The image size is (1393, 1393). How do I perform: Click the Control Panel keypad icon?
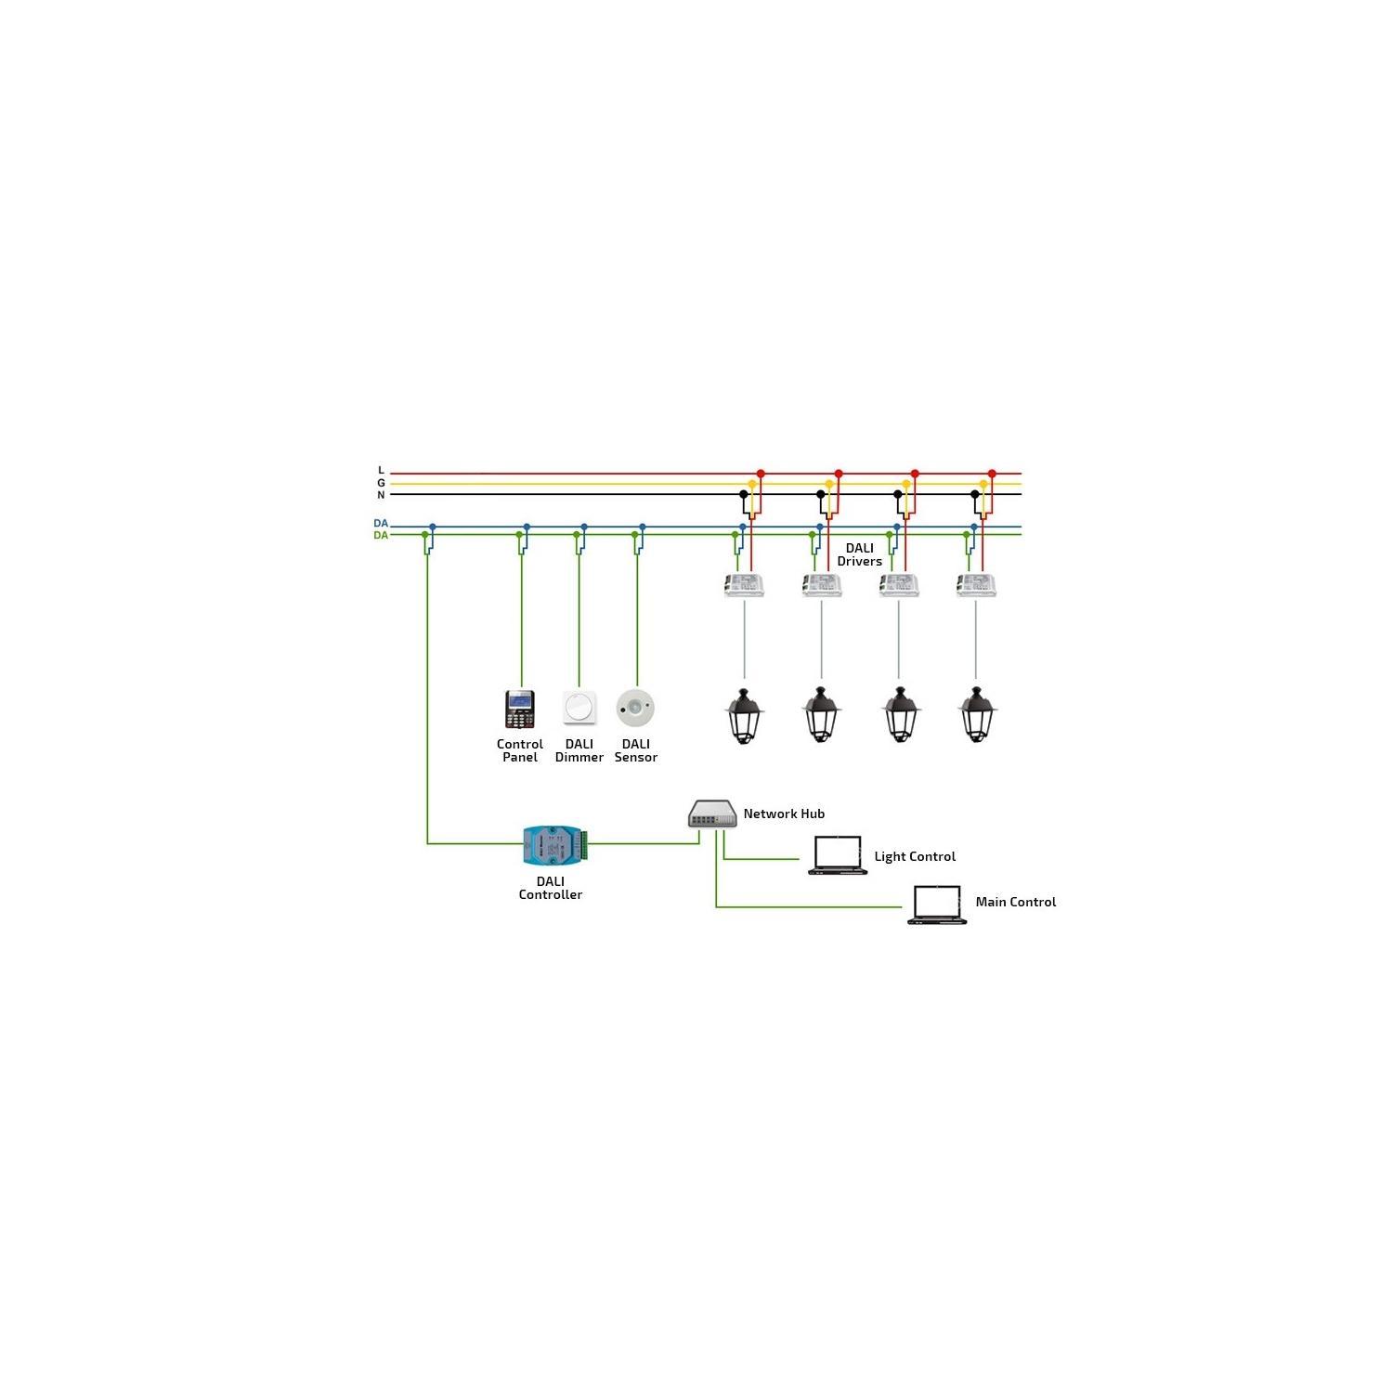tap(520, 710)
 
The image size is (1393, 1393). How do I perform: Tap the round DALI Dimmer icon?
tap(579, 708)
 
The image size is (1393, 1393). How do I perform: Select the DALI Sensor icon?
tap(635, 708)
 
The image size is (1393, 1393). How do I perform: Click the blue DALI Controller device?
tap(554, 844)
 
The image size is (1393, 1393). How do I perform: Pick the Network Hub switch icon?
tap(712, 814)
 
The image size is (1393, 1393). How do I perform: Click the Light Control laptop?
tap(838, 855)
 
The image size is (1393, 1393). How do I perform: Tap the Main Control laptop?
tap(936, 905)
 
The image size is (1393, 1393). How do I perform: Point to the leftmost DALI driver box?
tap(744, 585)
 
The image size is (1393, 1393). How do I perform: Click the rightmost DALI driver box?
tap(976, 585)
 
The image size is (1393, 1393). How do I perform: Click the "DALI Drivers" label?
tap(859, 554)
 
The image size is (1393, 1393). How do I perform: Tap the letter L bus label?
tap(381, 471)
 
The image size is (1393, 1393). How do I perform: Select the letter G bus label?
tap(381, 483)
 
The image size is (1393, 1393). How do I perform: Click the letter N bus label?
tap(381, 495)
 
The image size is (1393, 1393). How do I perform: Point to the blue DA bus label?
tap(381, 524)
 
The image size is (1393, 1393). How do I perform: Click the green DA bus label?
tap(381, 536)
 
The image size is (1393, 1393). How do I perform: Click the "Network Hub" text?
tap(784, 814)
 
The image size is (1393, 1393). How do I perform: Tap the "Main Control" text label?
tap(1015, 902)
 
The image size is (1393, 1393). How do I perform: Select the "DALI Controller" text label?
tap(551, 888)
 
